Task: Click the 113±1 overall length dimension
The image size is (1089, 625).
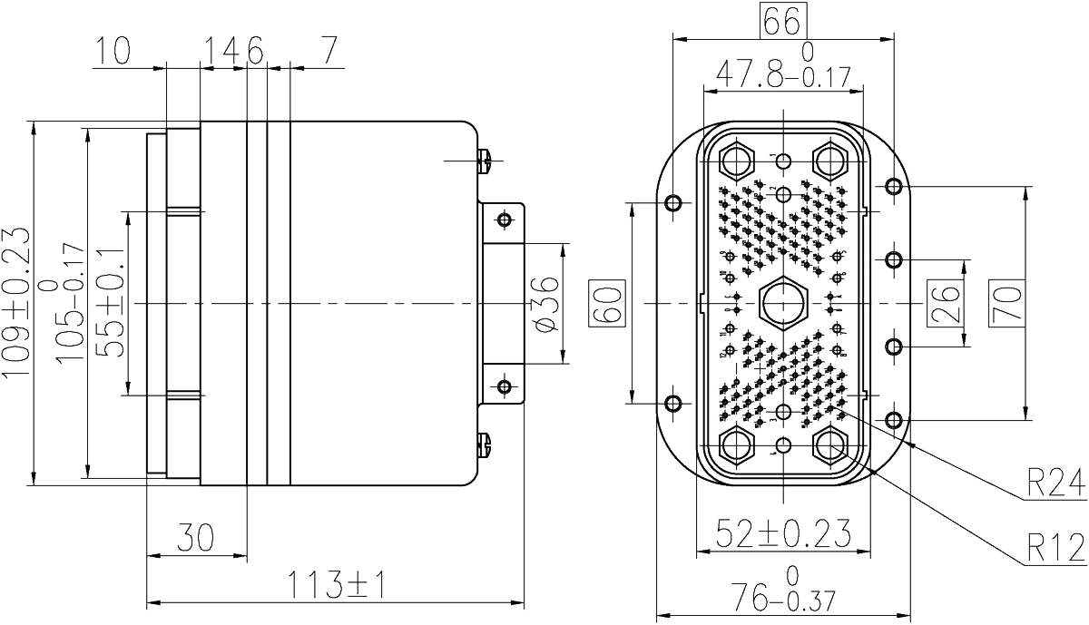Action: (338, 585)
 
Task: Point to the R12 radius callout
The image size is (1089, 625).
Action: (1055, 548)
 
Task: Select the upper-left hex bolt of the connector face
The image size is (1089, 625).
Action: (733, 162)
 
